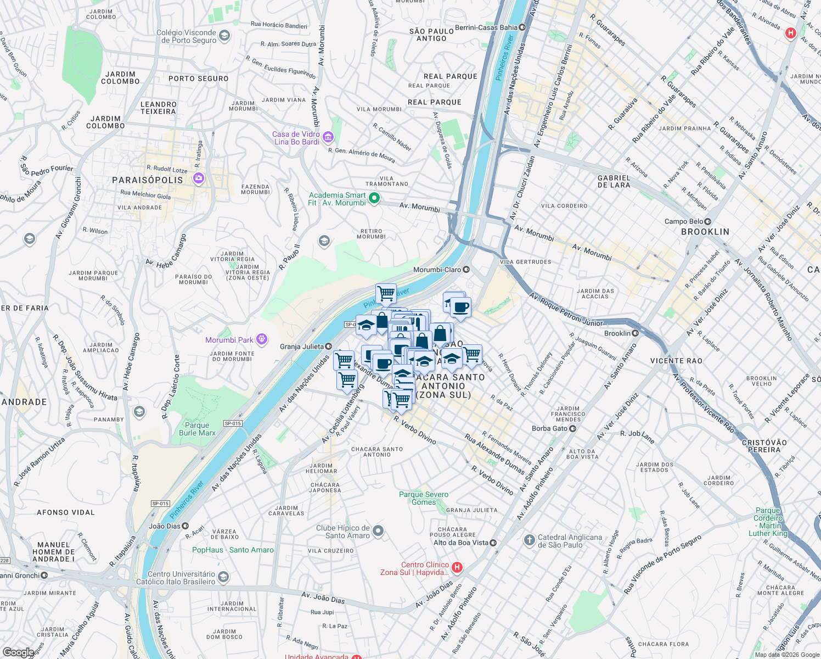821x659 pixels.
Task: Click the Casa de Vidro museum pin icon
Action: tap(328, 137)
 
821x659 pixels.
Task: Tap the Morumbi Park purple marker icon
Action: tap(262, 339)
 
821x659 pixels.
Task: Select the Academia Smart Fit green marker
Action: tap(374, 198)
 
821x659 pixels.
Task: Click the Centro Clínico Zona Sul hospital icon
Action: tap(457, 568)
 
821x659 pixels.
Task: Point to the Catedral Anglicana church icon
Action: tap(529, 540)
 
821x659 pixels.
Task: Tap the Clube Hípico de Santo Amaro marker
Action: tap(378, 531)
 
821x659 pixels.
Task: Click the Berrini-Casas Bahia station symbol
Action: tap(522, 27)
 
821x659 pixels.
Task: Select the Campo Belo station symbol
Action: tap(708, 221)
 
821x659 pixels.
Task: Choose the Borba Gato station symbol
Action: tap(572, 428)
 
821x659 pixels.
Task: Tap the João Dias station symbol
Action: tap(185, 526)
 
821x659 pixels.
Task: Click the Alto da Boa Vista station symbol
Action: tap(493, 543)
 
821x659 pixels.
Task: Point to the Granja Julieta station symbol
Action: tap(328, 346)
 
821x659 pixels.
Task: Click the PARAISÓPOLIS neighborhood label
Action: tap(147, 180)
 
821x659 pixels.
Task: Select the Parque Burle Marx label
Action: tap(197, 429)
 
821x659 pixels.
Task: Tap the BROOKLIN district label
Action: tap(705, 232)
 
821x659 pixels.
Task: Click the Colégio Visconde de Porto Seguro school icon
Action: tap(224, 36)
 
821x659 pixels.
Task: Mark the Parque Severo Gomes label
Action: tap(423, 498)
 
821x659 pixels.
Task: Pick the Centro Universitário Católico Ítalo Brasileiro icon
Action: tap(223, 577)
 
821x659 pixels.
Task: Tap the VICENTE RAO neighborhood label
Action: tap(676, 361)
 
